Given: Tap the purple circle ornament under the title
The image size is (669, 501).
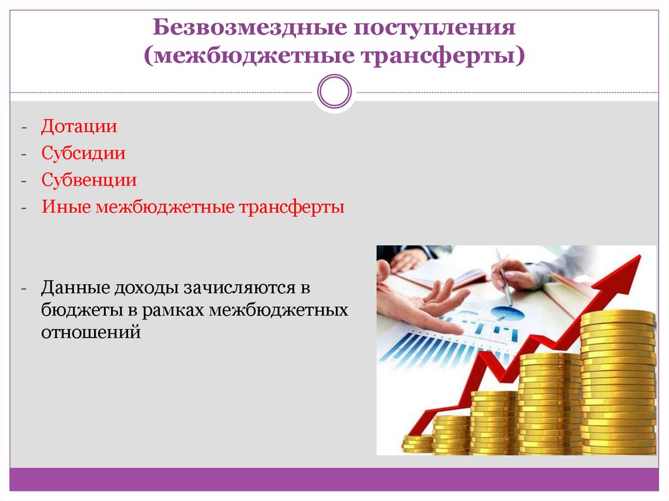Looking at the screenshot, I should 334,91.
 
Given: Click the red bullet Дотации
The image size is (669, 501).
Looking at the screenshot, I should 79,126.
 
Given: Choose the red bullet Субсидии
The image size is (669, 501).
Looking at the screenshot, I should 84,154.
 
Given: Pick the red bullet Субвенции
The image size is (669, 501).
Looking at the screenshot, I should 89,180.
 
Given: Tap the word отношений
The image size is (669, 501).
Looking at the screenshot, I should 91,332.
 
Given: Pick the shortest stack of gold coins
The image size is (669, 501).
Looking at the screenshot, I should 417,444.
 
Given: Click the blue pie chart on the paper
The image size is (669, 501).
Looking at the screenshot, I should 503,314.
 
